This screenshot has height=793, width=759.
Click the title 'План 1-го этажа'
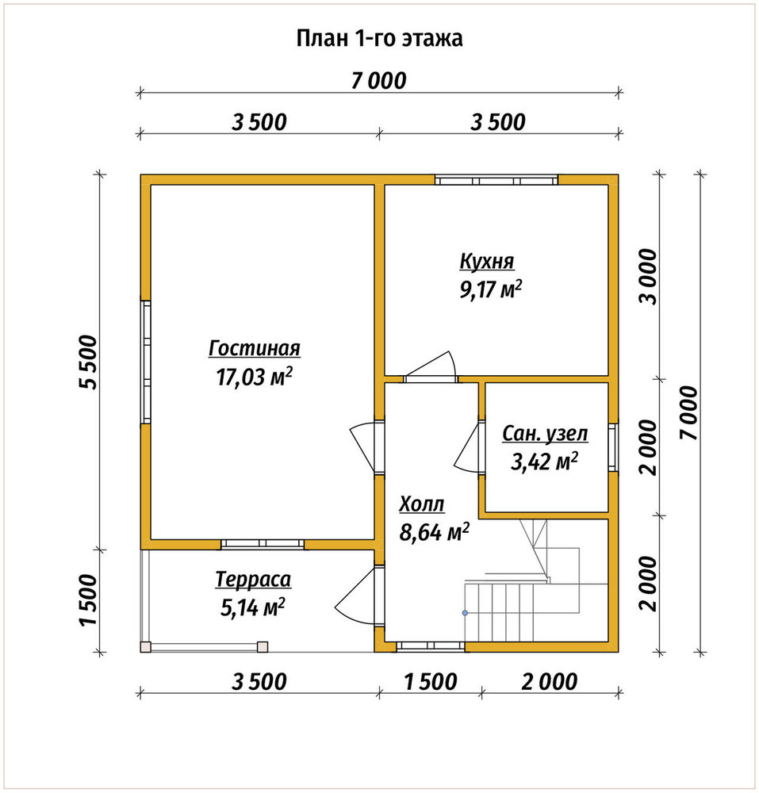click(379, 38)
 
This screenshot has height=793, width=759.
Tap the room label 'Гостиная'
click(255, 348)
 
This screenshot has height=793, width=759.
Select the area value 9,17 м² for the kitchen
click(490, 289)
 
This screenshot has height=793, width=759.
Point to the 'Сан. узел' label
click(545, 434)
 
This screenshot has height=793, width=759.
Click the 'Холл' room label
click(422, 504)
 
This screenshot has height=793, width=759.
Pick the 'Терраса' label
click(253, 580)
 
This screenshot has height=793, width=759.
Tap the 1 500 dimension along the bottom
click(431, 682)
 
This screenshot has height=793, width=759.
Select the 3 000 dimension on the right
click(648, 277)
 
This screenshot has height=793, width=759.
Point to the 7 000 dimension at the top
click(379, 81)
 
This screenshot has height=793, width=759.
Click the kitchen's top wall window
click(496, 180)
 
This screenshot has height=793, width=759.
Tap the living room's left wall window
click(146, 362)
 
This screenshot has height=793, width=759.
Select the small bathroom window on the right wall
click(613, 447)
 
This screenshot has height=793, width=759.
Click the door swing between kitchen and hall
click(431, 365)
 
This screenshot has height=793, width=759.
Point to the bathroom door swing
click(466, 448)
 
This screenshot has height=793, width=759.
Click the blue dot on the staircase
click(465, 613)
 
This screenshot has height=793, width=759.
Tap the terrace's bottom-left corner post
click(146, 647)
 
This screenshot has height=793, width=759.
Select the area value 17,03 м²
click(255, 377)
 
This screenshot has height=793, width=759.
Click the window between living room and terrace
click(263, 544)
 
